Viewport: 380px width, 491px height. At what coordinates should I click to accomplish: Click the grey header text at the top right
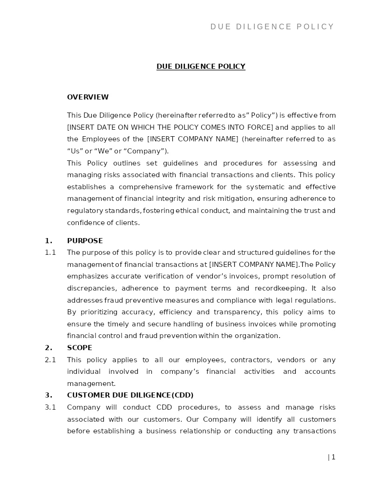[272, 27]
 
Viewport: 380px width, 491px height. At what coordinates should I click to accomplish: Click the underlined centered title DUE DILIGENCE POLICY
[201, 66]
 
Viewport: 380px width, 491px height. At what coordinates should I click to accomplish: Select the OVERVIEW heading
[88, 97]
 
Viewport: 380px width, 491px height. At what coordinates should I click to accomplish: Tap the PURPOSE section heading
[85, 241]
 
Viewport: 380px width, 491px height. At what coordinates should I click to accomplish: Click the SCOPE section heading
[80, 348]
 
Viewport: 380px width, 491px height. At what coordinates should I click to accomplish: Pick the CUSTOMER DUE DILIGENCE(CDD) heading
[130, 395]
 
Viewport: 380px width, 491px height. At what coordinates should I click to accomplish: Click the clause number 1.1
[50, 252]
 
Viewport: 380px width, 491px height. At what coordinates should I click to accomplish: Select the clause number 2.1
[50, 360]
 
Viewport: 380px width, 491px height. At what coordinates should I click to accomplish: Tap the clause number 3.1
[50, 407]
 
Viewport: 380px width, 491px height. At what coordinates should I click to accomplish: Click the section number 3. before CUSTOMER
[48, 395]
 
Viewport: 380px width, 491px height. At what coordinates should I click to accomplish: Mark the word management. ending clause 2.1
[91, 384]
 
